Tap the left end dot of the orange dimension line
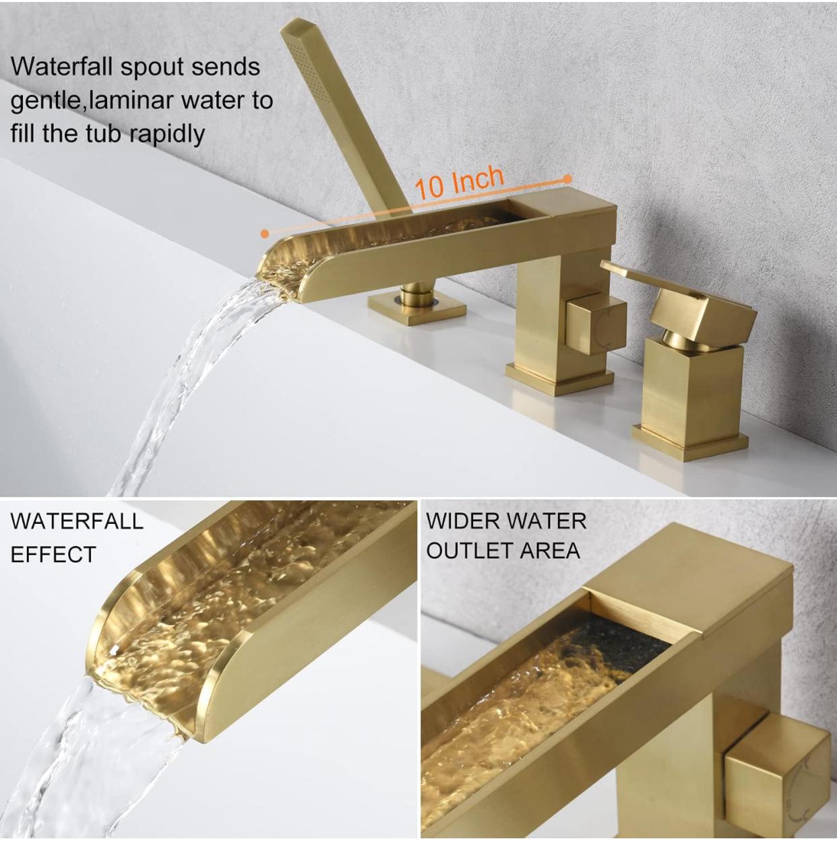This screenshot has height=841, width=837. (x=265, y=234)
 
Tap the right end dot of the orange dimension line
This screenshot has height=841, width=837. (x=568, y=179)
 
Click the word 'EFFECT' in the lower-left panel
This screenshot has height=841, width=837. (x=53, y=555)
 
